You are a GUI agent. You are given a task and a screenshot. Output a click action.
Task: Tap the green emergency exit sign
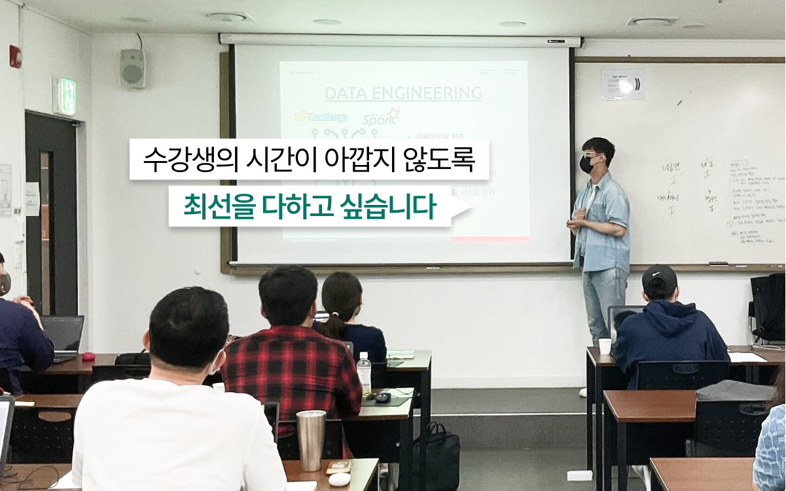[x=66, y=96]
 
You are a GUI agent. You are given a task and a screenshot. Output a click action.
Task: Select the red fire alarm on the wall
[x=15, y=56]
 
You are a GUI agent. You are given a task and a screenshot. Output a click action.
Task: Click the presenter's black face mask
[x=588, y=164]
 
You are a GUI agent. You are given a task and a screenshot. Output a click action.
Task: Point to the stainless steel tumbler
[x=310, y=440]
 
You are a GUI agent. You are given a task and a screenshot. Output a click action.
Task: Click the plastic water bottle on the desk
[x=364, y=373]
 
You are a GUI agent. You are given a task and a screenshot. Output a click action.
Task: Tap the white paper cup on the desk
[x=604, y=346]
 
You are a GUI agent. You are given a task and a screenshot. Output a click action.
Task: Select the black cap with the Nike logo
[x=659, y=278]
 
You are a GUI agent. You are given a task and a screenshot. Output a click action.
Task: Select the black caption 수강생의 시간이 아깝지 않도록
[x=309, y=159]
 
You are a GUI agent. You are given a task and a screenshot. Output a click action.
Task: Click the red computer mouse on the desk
[x=88, y=356]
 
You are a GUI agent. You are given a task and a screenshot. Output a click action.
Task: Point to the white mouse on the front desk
[x=339, y=479]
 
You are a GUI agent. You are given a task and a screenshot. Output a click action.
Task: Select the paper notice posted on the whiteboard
[x=622, y=84]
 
